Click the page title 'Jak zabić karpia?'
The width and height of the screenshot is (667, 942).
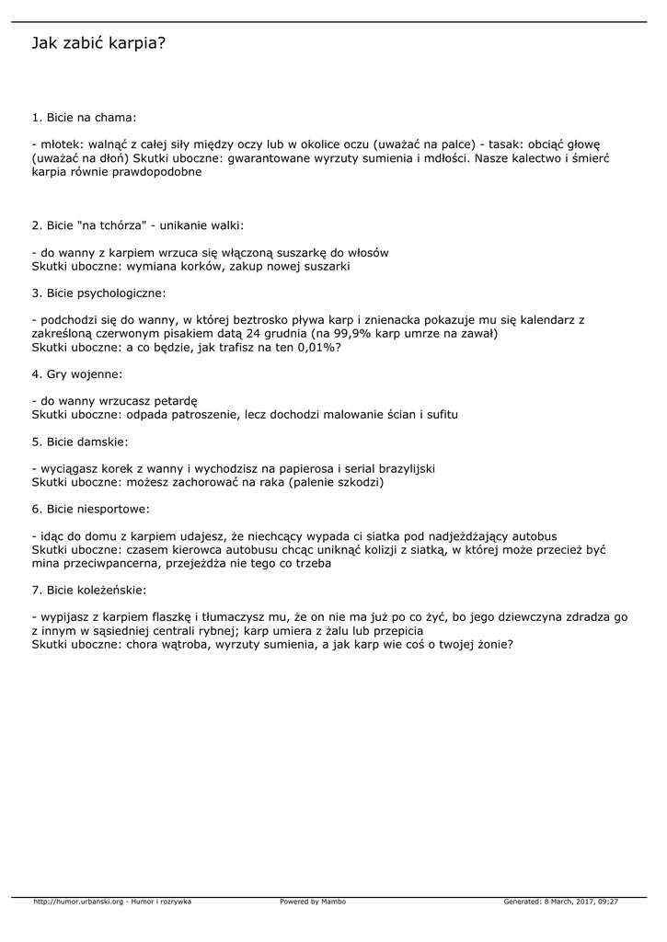(x=98, y=43)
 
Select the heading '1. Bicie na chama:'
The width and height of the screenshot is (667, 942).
(x=84, y=118)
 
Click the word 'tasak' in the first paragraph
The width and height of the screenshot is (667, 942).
(x=501, y=144)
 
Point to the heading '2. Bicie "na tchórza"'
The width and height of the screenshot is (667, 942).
(x=138, y=224)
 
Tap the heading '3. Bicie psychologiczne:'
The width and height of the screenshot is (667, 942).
(x=98, y=293)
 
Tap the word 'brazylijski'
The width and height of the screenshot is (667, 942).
(x=402, y=469)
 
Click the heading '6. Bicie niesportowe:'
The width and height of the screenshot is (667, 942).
(x=90, y=509)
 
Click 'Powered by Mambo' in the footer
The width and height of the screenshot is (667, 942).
(x=313, y=902)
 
